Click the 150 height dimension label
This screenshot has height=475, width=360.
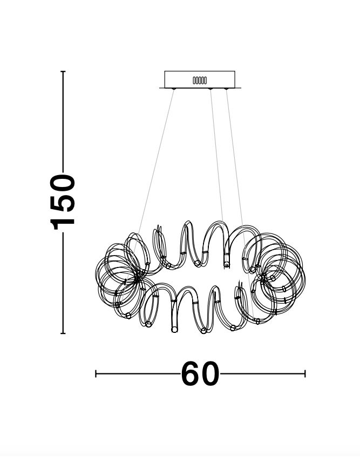point(63,202)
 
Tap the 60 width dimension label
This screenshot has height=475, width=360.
point(200,373)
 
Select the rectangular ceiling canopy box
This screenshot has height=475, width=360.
point(200,79)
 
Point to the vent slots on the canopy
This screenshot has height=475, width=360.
point(200,81)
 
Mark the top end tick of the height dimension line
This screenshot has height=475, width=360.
point(63,71)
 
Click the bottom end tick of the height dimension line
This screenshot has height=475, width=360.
point(63,333)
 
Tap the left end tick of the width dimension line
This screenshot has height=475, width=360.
point(96,373)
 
